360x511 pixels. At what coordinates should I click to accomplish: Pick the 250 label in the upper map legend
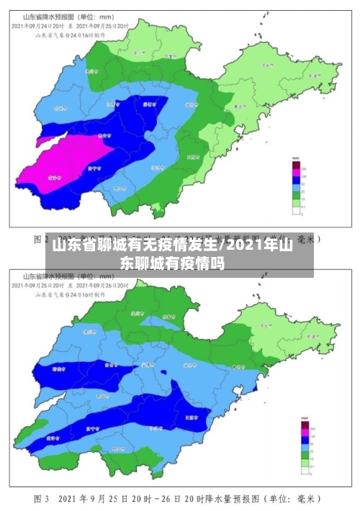pos(303,167)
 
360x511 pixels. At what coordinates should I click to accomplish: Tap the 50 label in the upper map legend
pos(303,184)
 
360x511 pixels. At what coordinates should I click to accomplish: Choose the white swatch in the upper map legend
pos(295,212)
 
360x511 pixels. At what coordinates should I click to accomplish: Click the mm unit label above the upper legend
pos(295,158)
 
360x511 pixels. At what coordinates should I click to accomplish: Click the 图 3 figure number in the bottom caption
pos(41,498)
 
